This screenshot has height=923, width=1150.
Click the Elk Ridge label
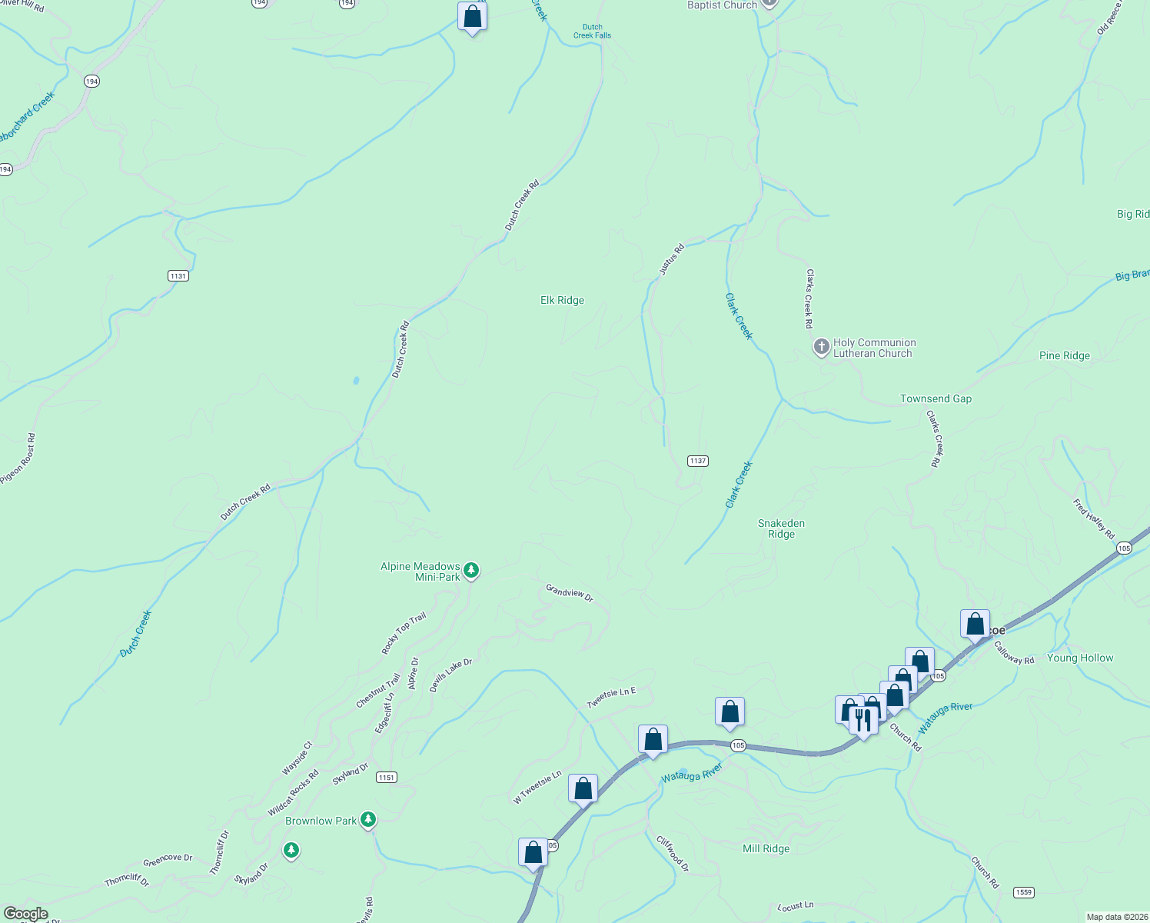(x=562, y=301)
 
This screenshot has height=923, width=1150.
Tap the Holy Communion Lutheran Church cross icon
(x=821, y=348)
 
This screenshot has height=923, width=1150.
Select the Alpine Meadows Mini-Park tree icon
(x=471, y=571)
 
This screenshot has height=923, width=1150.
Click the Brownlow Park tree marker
(x=368, y=820)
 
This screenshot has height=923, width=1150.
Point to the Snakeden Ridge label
(x=781, y=528)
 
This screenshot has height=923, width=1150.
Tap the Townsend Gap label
(x=936, y=398)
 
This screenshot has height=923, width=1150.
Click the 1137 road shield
(x=697, y=461)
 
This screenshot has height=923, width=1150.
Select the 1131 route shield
(x=178, y=275)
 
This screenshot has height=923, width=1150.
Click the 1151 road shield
(x=386, y=778)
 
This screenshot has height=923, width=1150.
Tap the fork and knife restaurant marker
(x=863, y=721)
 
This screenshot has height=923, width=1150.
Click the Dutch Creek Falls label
(x=592, y=32)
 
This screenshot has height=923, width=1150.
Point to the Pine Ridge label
(x=1064, y=355)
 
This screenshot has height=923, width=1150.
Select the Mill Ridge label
(x=766, y=848)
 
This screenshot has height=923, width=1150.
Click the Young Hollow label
(x=1079, y=658)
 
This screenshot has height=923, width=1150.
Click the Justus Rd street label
(x=671, y=260)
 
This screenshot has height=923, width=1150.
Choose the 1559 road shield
(x=1022, y=892)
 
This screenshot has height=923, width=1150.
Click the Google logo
(x=25, y=914)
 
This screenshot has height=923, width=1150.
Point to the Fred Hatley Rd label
(x=1094, y=518)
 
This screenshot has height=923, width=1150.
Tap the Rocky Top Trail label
(x=404, y=634)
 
